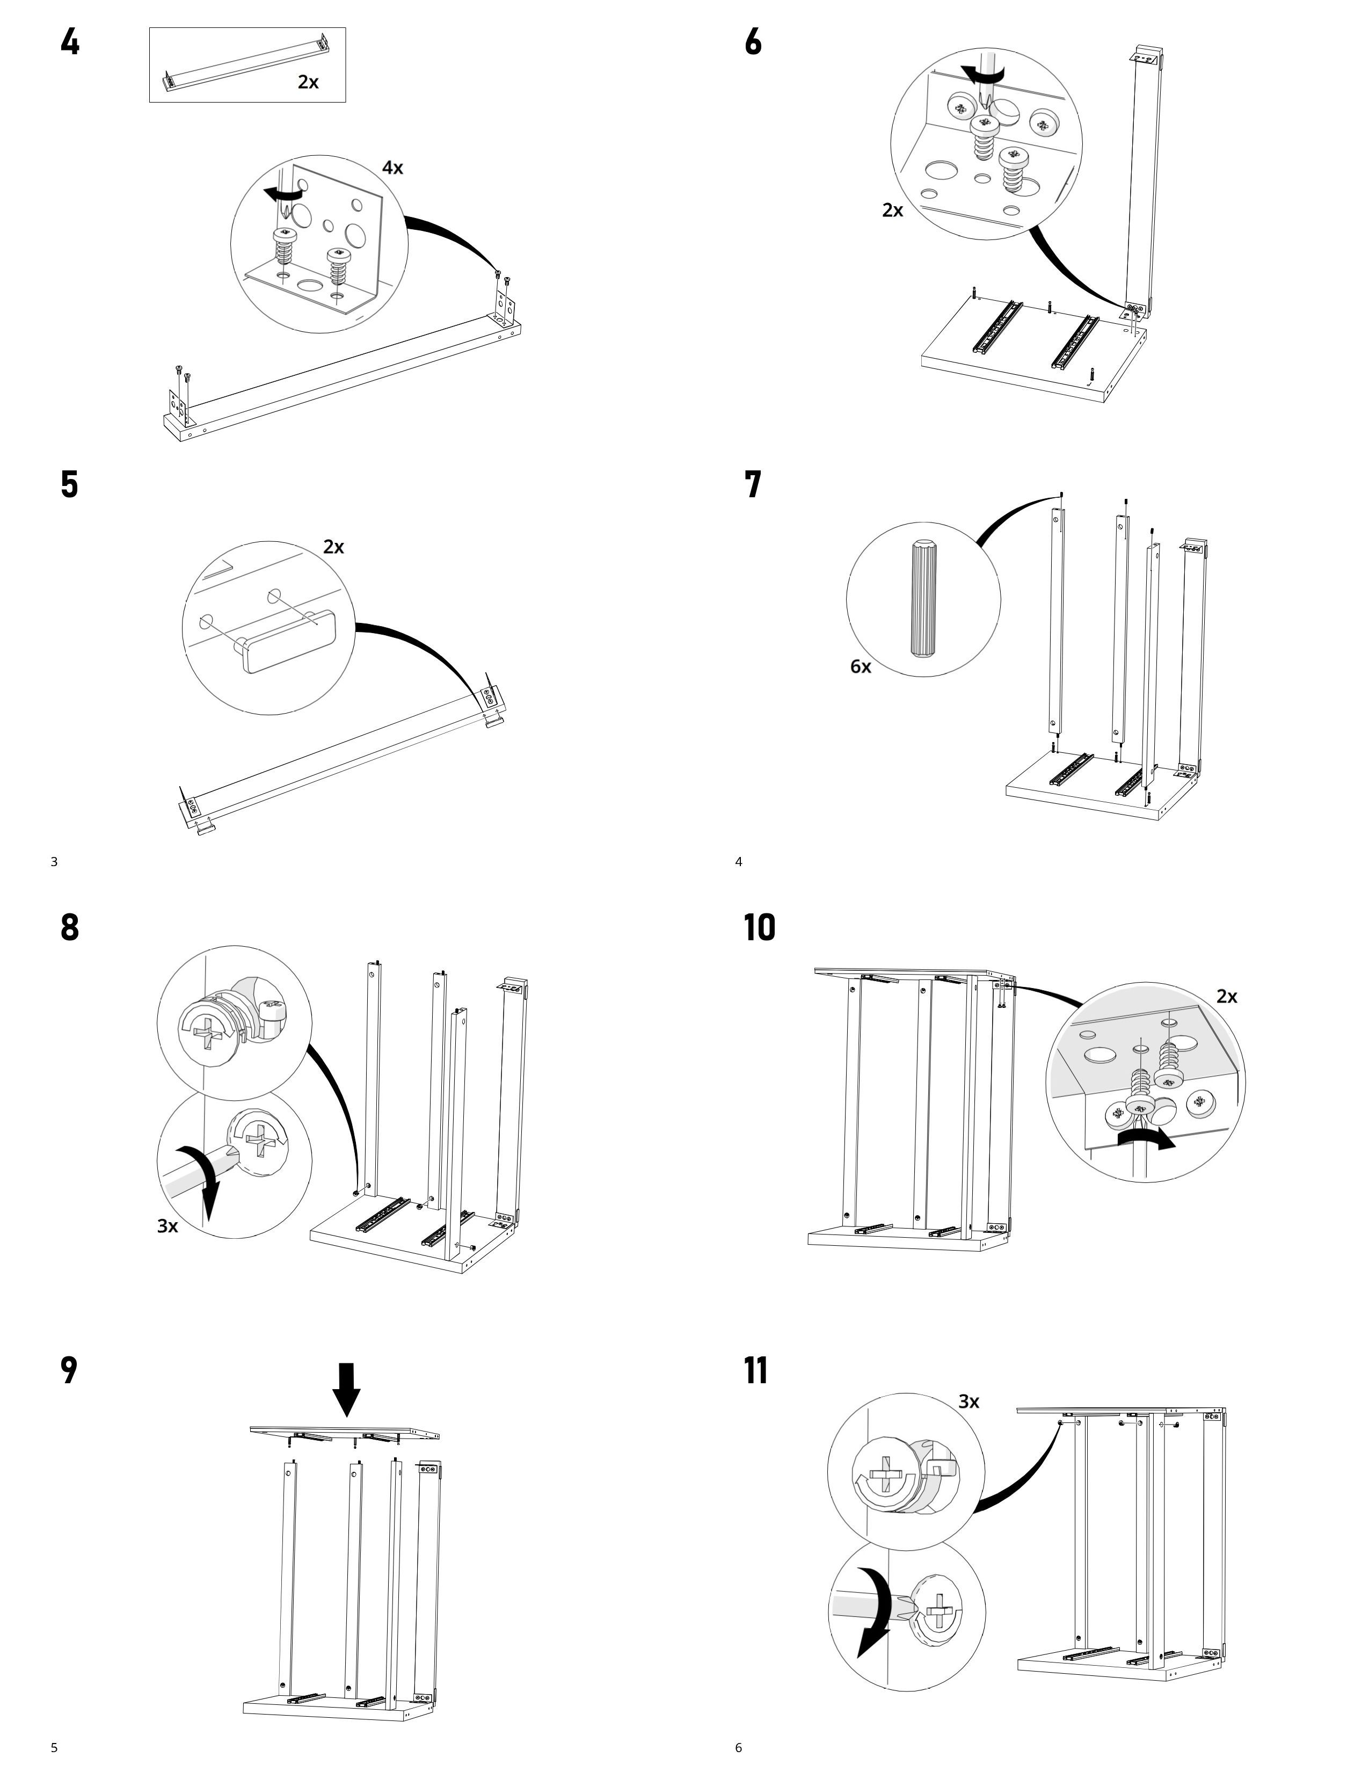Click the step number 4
[70, 42]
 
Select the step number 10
[759, 927]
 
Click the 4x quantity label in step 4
[392, 168]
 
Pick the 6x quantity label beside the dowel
[861, 667]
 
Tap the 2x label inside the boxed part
[308, 82]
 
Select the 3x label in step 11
[969, 1401]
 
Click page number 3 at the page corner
[54, 862]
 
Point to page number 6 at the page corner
[738, 1747]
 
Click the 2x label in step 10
[1226, 996]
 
